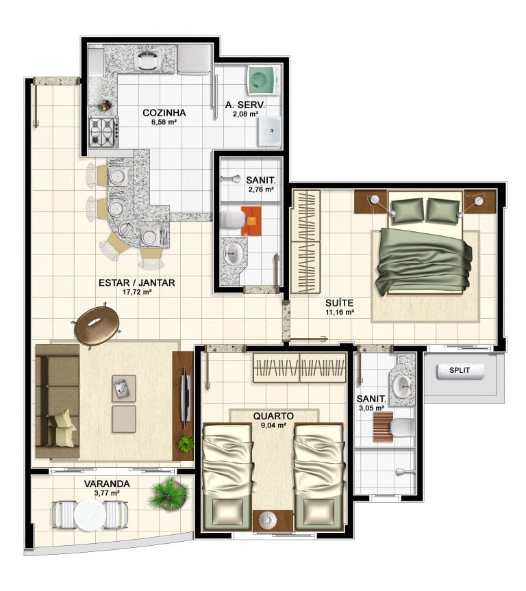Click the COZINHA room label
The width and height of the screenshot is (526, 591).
pyautogui.click(x=164, y=113)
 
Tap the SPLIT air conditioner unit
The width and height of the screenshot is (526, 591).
pyautogui.click(x=460, y=371)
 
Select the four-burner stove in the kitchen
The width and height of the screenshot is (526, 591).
pyautogui.click(x=103, y=132)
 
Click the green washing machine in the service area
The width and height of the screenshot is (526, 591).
pyautogui.click(x=262, y=80)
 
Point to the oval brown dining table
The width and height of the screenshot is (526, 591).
pyautogui.click(x=97, y=325)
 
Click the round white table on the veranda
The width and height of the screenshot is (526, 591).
pyautogui.click(x=90, y=515)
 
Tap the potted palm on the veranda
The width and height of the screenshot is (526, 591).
pyautogui.click(x=169, y=494)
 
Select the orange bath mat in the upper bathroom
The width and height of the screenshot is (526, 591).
pyautogui.click(x=251, y=221)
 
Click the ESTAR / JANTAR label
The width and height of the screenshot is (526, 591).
pyautogui.click(x=136, y=283)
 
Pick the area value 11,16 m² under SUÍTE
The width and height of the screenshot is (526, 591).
pyautogui.click(x=339, y=312)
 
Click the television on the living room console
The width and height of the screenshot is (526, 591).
pyautogui.click(x=186, y=399)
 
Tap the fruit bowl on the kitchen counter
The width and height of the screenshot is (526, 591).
pyautogui.click(x=105, y=105)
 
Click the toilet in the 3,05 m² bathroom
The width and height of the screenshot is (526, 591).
pyautogui.click(x=401, y=428)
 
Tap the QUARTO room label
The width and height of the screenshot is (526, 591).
pyautogui.click(x=273, y=416)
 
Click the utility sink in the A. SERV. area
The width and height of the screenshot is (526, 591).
pyautogui.click(x=270, y=131)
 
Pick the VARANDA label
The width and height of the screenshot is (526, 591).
pyautogui.click(x=107, y=484)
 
